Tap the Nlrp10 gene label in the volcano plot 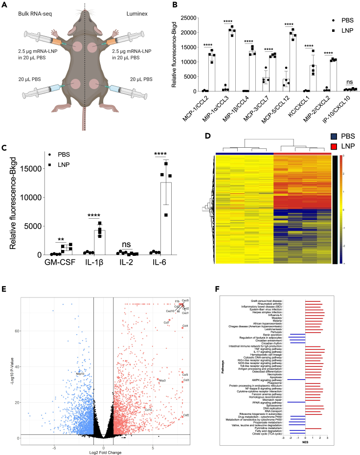pos(80,373)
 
